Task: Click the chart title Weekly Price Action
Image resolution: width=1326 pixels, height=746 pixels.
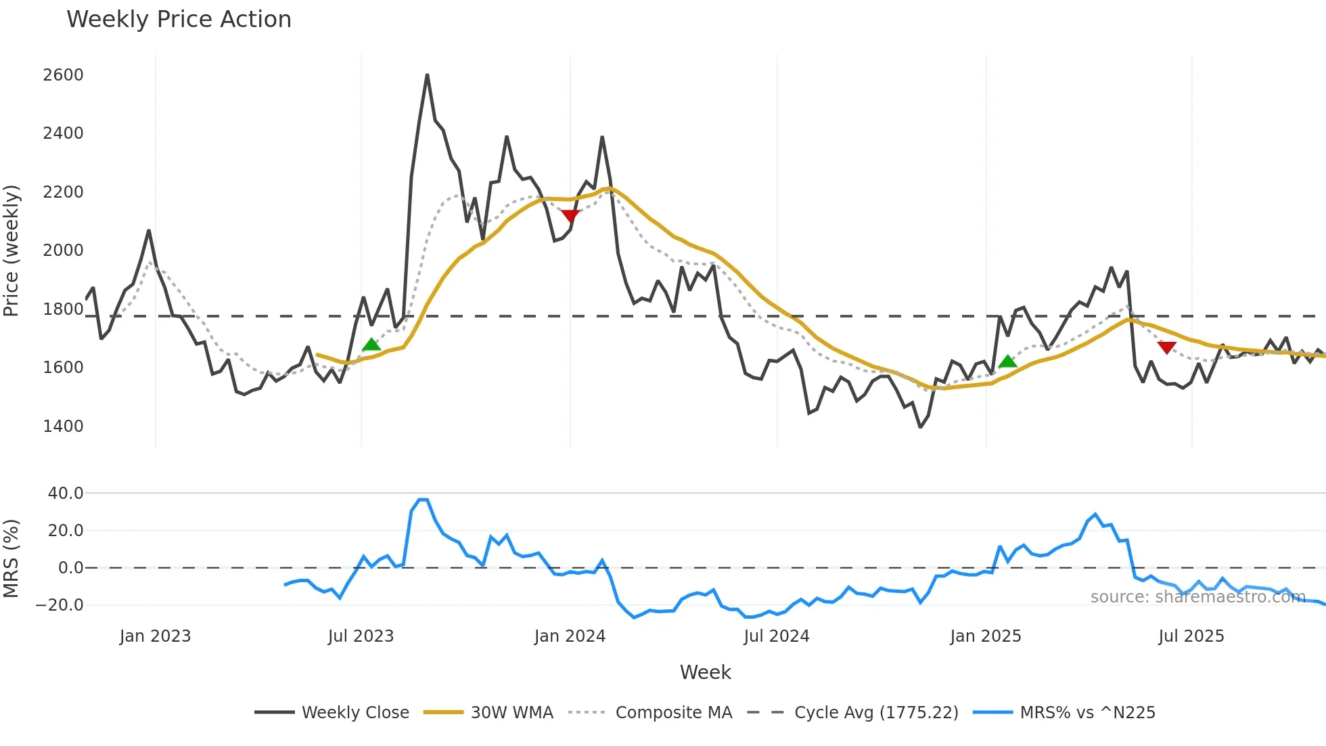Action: click(x=179, y=19)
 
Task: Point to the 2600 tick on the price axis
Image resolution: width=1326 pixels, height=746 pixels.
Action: click(x=63, y=74)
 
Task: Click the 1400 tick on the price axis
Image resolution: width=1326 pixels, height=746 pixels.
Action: click(x=63, y=426)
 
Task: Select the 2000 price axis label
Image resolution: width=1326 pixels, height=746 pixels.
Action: click(x=63, y=250)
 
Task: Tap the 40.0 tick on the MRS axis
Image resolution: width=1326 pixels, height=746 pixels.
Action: click(x=65, y=493)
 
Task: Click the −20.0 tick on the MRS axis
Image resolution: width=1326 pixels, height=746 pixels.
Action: click(x=60, y=605)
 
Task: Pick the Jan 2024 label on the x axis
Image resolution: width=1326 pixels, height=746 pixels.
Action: click(x=569, y=636)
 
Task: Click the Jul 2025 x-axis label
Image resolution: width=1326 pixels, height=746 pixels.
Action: click(x=1191, y=636)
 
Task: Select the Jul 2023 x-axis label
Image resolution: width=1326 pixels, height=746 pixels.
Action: click(x=361, y=636)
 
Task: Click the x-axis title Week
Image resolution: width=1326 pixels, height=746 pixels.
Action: click(x=705, y=672)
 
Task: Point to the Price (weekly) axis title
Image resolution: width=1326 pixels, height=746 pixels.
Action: click(x=12, y=250)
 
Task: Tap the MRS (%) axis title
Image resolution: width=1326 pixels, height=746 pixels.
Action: click(x=12, y=558)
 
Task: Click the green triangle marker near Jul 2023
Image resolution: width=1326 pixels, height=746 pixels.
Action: click(x=371, y=345)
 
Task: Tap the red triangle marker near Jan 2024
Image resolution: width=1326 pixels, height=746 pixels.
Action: click(x=570, y=215)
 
